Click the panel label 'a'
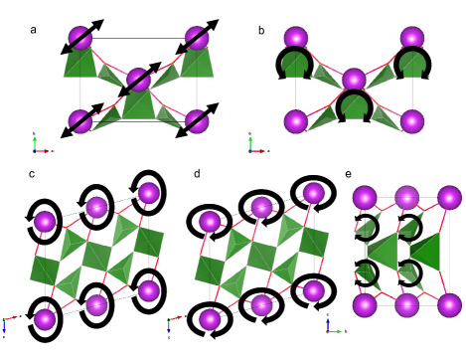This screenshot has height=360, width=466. pyautogui.click(x=34, y=30)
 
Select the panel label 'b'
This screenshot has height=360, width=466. pyautogui.click(x=261, y=31)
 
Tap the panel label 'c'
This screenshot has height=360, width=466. pyautogui.click(x=32, y=174)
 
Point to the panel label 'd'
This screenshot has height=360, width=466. pyautogui.click(x=197, y=174)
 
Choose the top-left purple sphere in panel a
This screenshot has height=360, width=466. pyautogui.click(x=78, y=40)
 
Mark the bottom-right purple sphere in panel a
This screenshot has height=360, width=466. pyautogui.click(x=196, y=122)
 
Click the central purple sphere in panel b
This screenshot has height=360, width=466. pyautogui.click(x=353, y=80)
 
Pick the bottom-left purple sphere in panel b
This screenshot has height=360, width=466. pyautogui.click(x=294, y=121)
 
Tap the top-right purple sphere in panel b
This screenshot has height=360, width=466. pyautogui.click(x=411, y=39)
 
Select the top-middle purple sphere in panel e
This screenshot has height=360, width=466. pyautogui.click(x=405, y=197)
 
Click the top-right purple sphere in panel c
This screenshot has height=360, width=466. pyautogui.click(x=149, y=192)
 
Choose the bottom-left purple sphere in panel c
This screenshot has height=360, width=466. pyautogui.click(x=45, y=318)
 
